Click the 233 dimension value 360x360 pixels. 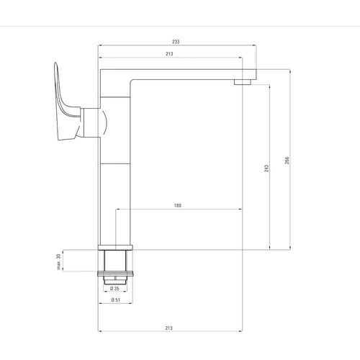pos(176,42)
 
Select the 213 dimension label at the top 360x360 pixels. pos(169,54)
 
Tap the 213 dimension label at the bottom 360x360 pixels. pos(168,328)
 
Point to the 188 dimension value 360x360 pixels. pos(178,205)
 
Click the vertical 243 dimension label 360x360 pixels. pos(266,168)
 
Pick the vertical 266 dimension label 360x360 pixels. pos(287,161)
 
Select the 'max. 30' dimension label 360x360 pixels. pos(58,261)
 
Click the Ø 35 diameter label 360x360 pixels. pos(114,289)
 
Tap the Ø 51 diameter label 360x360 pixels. pos(116,300)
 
